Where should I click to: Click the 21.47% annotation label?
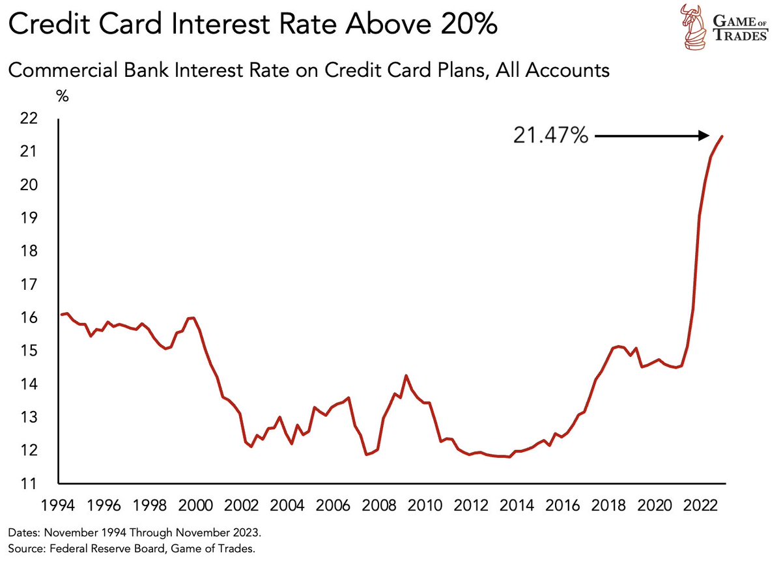click(x=551, y=137)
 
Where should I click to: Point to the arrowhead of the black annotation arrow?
click(x=705, y=135)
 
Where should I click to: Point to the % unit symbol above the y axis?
click(x=63, y=96)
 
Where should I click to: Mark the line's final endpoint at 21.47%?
click(x=722, y=135)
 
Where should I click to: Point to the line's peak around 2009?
click(x=406, y=376)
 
